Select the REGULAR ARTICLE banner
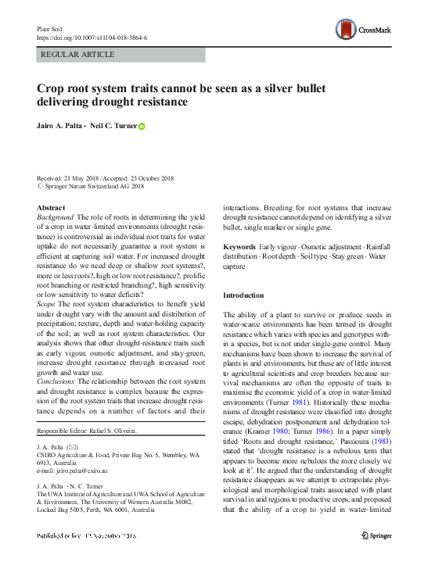(120, 55)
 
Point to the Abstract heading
(51, 207)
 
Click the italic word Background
(56, 216)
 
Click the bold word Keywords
(240, 245)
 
